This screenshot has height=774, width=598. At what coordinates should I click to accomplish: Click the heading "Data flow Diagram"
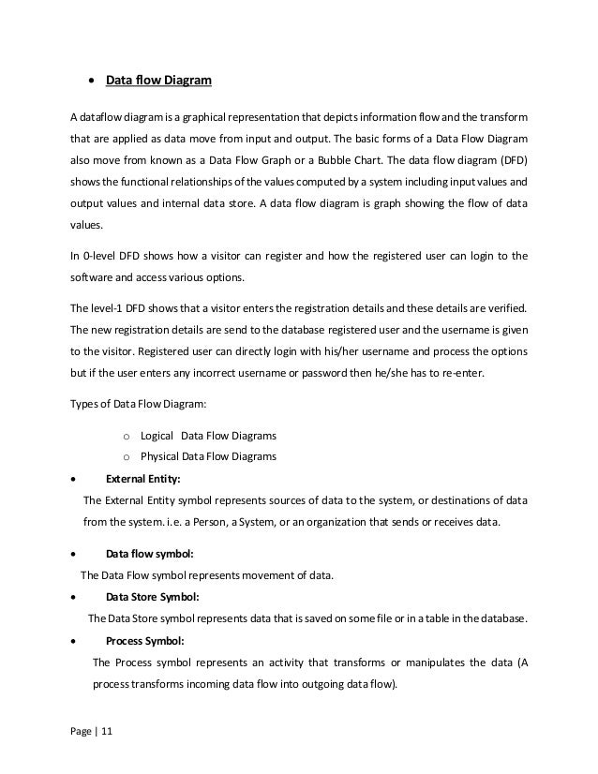coord(158,81)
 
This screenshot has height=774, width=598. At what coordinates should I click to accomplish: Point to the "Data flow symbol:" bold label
coord(150,554)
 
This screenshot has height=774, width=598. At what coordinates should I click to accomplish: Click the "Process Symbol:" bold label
coord(144,641)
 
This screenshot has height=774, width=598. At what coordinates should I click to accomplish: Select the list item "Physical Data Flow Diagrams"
coord(208,457)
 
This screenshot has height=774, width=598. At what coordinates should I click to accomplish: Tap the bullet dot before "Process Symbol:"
coord(75,641)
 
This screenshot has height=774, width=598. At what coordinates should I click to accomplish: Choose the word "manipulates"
coord(415,662)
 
